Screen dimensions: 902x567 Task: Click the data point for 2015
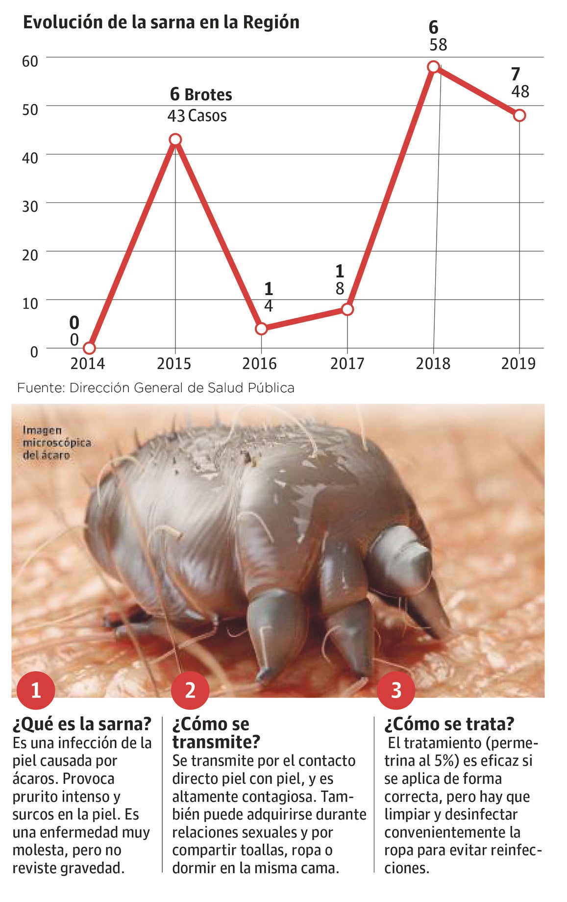(175, 140)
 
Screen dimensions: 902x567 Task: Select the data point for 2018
(433, 67)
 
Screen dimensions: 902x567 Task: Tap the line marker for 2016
(261, 328)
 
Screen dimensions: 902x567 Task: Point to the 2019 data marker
(519, 116)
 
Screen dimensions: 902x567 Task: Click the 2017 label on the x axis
(347, 364)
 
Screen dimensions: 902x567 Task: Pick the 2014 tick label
(88, 364)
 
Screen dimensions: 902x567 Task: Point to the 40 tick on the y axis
(30, 158)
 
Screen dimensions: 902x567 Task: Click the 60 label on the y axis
(30, 61)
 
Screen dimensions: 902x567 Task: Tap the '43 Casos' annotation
(197, 116)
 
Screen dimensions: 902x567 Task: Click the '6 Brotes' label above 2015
(201, 94)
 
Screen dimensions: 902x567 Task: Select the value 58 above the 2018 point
(438, 45)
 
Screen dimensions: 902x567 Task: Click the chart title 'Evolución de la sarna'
(161, 23)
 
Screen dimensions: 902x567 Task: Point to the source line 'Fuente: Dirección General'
(156, 388)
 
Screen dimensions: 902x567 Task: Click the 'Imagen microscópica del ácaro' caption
(57, 443)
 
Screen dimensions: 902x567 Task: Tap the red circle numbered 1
(35, 691)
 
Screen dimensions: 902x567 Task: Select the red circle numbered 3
(396, 691)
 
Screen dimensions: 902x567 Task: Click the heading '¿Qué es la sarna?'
(82, 724)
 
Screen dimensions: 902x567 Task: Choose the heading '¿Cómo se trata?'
(449, 724)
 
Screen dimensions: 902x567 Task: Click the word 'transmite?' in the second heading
(216, 742)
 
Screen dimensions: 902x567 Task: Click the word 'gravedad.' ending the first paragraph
(92, 868)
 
